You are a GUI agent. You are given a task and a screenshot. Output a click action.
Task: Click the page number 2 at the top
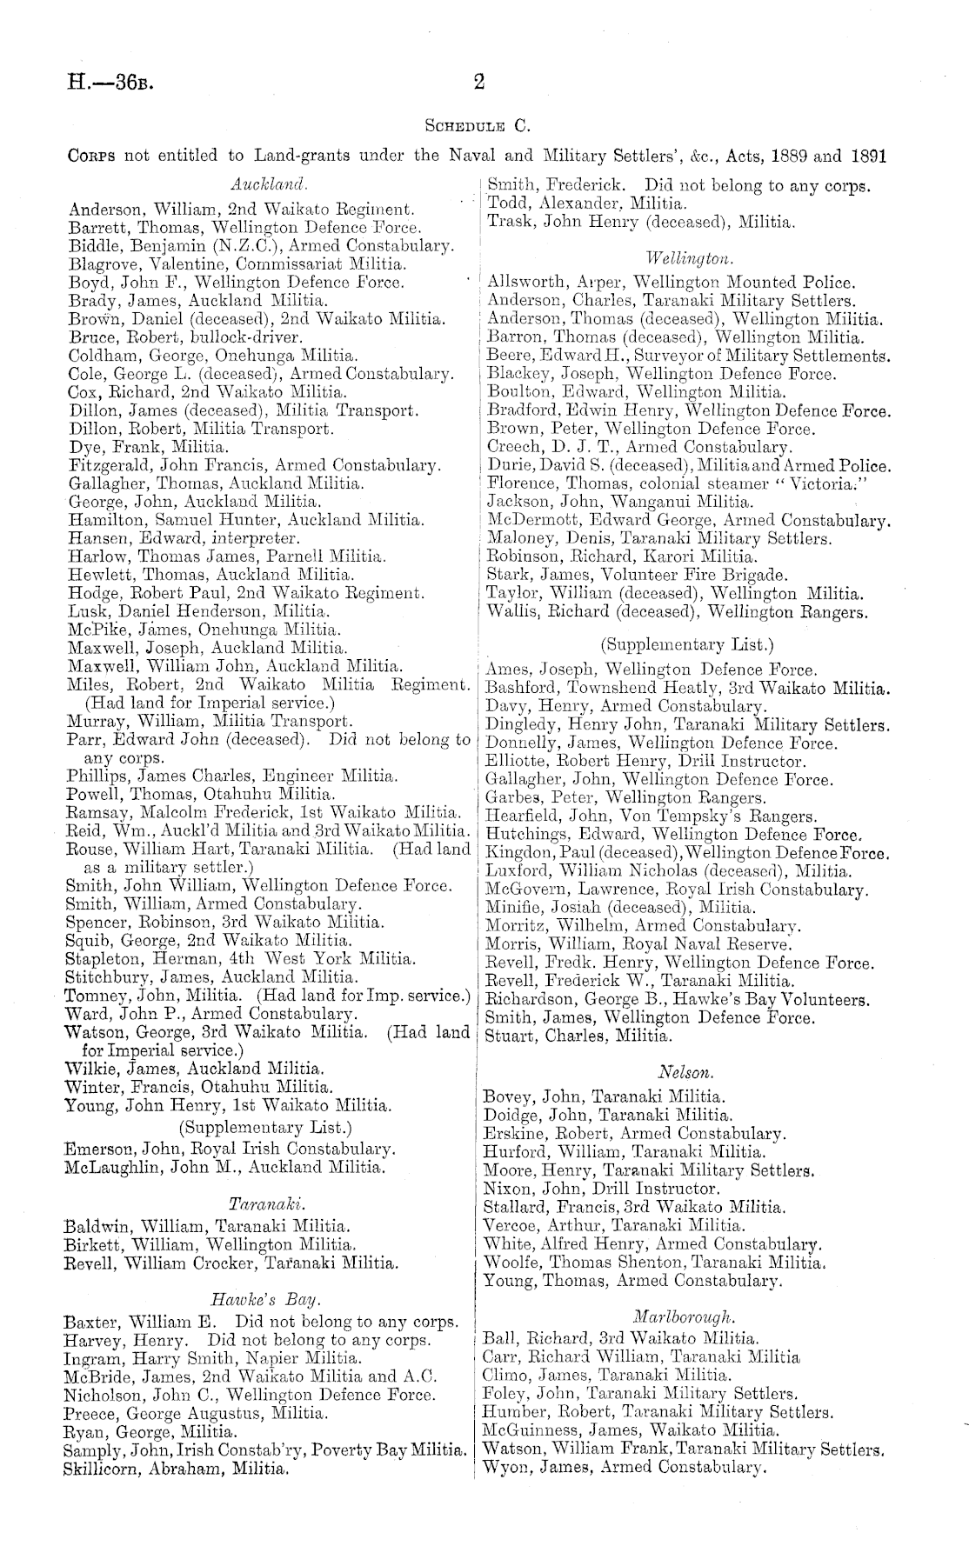478,83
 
